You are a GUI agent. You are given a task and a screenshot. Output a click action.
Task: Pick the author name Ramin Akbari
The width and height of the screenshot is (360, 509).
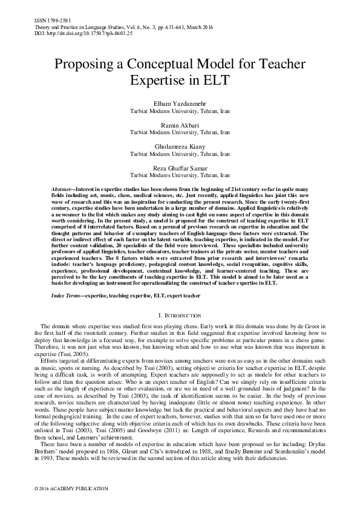[180, 124]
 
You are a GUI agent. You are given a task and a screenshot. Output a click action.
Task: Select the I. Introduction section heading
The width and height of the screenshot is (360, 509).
[180, 316]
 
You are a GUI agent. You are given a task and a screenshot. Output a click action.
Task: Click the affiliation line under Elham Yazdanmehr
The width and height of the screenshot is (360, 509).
[180, 112]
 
